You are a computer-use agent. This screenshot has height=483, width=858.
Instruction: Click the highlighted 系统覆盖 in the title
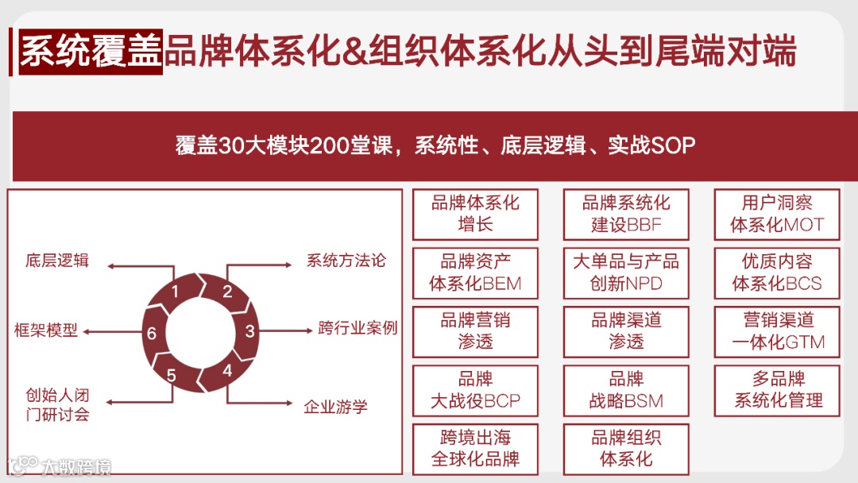[91, 52]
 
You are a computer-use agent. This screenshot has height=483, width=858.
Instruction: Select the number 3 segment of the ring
[249, 331]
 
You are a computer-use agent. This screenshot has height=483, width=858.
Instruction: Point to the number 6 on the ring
[151, 334]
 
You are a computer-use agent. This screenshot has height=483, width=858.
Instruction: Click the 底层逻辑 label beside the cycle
[57, 261]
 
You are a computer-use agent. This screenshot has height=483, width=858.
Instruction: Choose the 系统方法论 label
[346, 261]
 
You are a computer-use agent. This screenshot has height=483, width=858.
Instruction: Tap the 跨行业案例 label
[357, 327]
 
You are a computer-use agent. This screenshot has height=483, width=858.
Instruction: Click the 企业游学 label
[336, 407]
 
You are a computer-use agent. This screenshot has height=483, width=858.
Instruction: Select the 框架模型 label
[47, 330]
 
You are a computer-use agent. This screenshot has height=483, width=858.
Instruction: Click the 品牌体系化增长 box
[475, 214]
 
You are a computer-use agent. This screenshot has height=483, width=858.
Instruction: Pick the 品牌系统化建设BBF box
[626, 214]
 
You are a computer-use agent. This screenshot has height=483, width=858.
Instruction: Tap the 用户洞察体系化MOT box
[777, 214]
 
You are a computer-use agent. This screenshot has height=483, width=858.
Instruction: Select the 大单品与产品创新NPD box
[626, 272]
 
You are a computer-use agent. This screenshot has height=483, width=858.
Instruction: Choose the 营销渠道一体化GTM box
[777, 331]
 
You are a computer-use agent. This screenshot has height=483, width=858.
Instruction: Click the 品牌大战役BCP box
[475, 390]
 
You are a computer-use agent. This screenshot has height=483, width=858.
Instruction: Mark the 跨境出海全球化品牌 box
[475, 449]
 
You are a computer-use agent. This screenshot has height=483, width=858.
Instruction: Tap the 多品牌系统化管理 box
[777, 390]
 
